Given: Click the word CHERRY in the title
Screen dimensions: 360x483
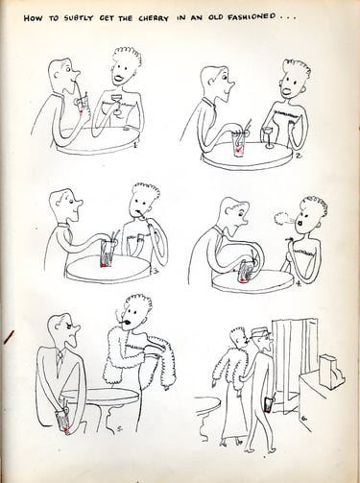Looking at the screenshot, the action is [154, 18].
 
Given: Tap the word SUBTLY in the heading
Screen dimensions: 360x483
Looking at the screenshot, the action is [78, 18].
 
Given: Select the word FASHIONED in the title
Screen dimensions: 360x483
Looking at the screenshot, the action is [251, 16].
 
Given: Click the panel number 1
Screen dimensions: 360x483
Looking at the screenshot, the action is [135, 145].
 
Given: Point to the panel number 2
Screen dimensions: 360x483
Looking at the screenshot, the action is [298, 156].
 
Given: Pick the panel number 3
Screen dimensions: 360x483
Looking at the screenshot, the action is [156, 271].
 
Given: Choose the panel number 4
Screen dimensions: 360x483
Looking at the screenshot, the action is [299, 282].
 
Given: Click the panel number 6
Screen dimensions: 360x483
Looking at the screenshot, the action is [303, 418].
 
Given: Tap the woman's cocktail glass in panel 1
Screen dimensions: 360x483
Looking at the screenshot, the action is [116, 104].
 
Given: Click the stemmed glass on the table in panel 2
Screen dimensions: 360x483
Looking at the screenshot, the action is [268, 137].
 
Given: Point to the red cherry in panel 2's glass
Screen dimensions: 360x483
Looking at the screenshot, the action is [237, 149].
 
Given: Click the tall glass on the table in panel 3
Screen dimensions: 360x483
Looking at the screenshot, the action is [106, 254].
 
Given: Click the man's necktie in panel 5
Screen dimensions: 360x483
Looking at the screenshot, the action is [60, 359].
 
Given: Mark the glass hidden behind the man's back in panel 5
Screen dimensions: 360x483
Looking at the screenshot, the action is [62, 419].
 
